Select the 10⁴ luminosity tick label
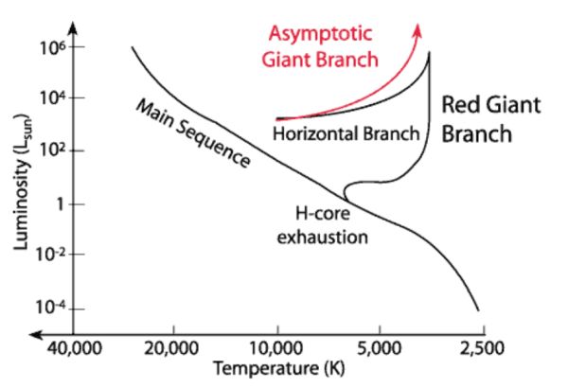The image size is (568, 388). tap(50, 98)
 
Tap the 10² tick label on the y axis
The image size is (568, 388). tap(50, 150)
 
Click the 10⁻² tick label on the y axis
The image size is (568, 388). tap(48, 255)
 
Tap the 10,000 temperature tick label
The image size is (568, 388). tap(278, 346)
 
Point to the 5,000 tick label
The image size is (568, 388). tap(379, 346)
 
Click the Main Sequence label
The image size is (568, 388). tap(193, 132)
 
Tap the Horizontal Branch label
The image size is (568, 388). tap(345, 133)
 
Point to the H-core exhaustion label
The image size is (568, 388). tap(322, 225)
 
